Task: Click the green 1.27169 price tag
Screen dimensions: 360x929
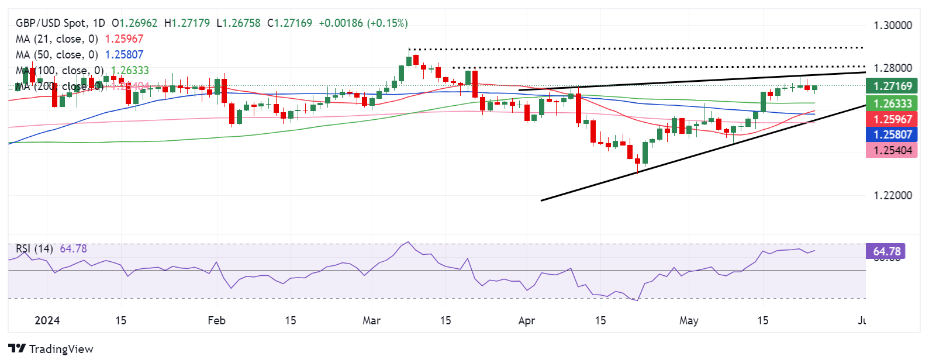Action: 892,86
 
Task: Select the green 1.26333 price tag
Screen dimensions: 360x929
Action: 892,104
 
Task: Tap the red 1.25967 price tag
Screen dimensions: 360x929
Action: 892,119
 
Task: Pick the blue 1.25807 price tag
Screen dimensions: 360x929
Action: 892,134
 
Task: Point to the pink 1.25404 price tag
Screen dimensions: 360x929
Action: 892,151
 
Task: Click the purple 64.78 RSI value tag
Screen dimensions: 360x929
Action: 886,252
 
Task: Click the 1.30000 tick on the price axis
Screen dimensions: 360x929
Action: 892,26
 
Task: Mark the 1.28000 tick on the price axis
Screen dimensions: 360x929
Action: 892,68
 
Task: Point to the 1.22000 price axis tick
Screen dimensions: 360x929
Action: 892,196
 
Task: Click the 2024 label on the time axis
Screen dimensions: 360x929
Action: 47,321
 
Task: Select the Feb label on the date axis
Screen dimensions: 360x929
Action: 216,321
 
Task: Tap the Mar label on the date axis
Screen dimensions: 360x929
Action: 371,321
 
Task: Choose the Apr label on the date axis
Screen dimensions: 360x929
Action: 527,321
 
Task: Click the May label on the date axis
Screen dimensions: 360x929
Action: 689,321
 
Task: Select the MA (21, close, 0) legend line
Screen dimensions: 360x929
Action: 56,39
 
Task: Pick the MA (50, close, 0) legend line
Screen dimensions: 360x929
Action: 56,55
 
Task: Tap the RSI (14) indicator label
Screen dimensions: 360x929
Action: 34,249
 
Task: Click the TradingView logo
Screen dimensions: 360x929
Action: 51,349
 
